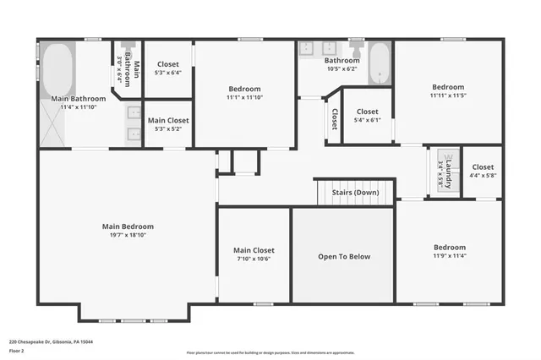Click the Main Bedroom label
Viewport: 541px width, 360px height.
click(128, 226)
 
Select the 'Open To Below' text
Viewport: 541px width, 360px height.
click(343, 256)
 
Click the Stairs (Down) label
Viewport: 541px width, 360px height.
click(355, 193)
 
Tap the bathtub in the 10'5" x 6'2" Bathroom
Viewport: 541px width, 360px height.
click(379, 63)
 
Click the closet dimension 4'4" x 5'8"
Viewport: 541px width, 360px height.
click(484, 176)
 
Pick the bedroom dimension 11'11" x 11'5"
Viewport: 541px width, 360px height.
click(448, 97)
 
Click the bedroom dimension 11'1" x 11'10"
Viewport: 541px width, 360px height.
click(244, 98)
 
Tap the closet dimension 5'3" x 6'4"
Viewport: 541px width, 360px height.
click(167, 73)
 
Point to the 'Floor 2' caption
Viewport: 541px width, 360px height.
click(17, 351)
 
